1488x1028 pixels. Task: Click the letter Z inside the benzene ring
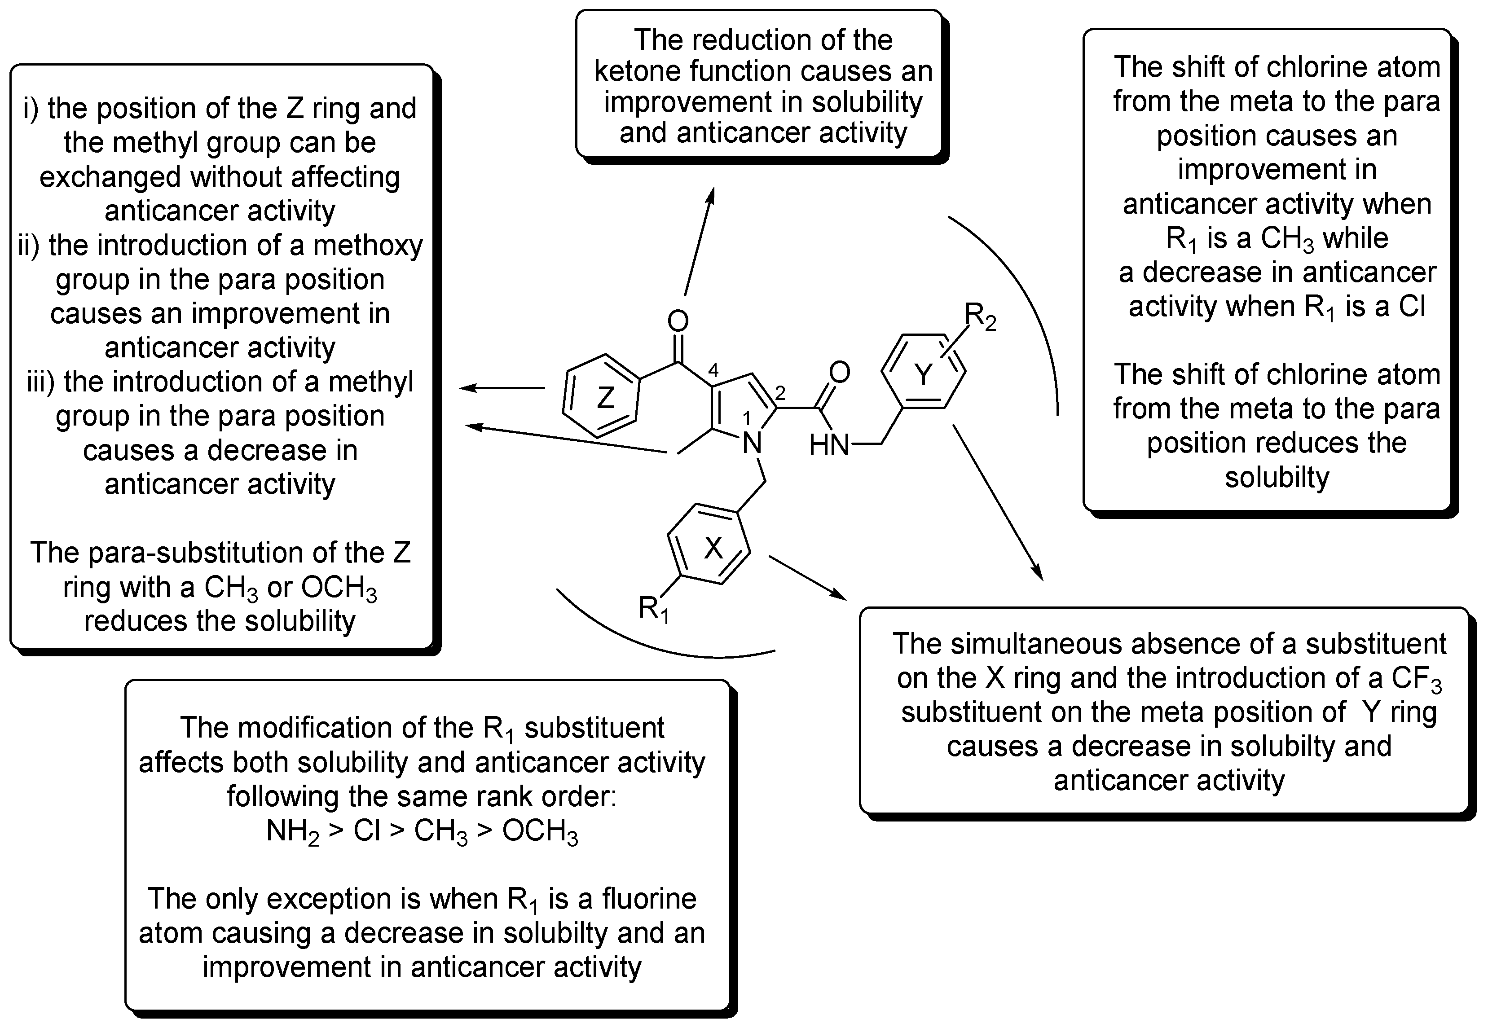(x=605, y=398)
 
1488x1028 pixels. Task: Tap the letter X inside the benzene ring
(x=713, y=548)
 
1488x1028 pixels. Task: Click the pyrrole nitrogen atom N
(x=753, y=443)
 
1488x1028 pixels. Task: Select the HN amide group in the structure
(x=829, y=444)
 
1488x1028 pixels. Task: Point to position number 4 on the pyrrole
(x=713, y=370)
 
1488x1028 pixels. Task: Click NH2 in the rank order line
(x=292, y=831)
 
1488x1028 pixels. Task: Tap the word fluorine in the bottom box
(x=649, y=899)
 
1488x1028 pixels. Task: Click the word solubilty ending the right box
(x=1277, y=477)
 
